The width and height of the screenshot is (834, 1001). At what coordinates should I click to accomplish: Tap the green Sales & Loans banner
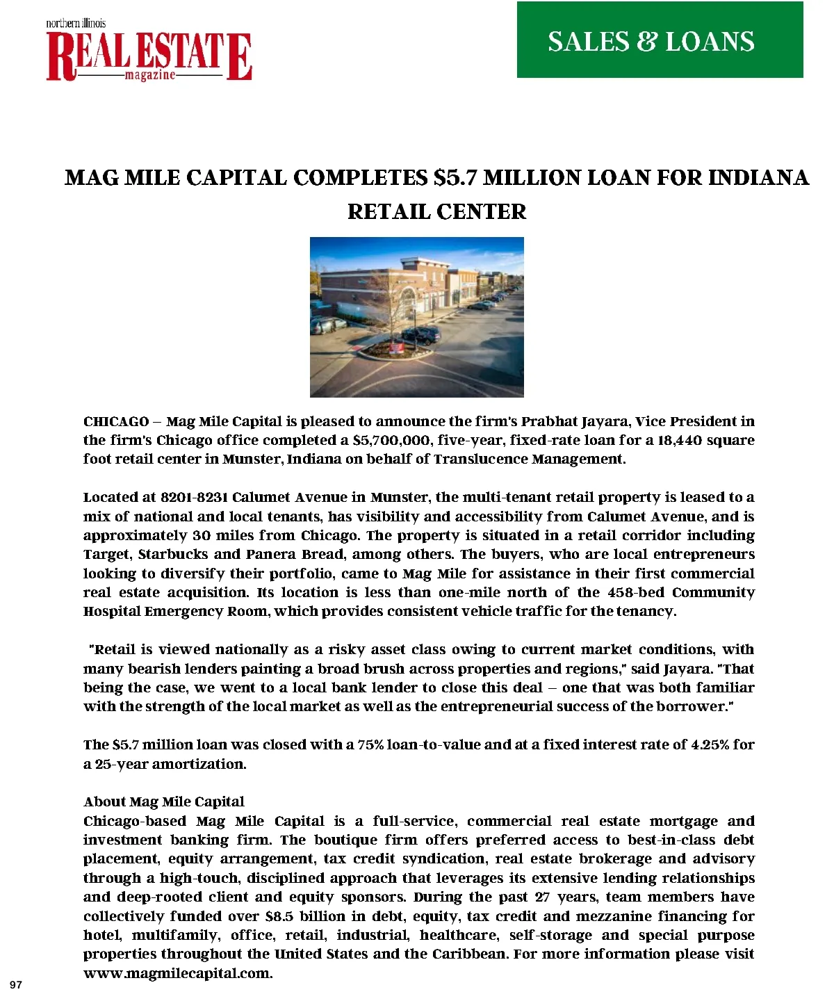(660, 40)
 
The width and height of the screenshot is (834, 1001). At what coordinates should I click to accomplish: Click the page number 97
(17, 985)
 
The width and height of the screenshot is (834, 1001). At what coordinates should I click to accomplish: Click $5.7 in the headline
(455, 178)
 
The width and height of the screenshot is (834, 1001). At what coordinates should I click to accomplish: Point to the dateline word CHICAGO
(116, 422)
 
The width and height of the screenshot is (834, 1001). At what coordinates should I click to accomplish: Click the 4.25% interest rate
(709, 744)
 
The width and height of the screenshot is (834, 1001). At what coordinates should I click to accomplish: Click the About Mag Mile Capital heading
(164, 801)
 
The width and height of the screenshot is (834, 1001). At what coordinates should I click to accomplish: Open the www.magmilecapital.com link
(178, 973)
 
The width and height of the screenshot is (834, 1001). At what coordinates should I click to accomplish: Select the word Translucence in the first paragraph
(480, 459)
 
